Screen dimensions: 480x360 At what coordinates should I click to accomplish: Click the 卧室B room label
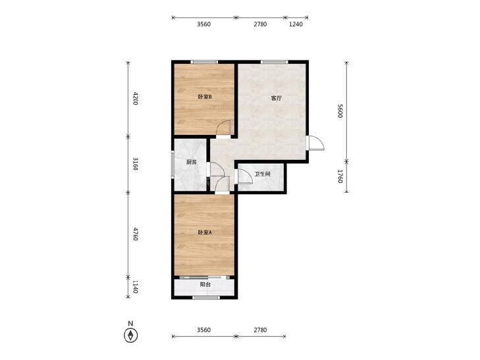(x=205, y=97)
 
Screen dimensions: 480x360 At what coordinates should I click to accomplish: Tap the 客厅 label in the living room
(x=277, y=98)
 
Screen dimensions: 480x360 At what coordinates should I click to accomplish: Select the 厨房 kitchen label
(x=192, y=162)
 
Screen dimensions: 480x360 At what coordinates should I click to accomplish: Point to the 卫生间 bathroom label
(x=263, y=174)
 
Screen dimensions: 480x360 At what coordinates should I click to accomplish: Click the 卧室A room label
(x=205, y=232)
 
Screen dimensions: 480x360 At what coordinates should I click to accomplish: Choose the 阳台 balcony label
(x=205, y=284)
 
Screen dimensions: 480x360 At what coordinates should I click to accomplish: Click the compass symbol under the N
(x=131, y=336)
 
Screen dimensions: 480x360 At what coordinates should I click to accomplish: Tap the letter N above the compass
(x=131, y=323)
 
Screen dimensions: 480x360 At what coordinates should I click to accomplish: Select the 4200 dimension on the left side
(x=135, y=98)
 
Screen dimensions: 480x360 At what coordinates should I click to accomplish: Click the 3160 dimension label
(x=135, y=164)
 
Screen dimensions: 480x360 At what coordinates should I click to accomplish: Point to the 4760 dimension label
(x=135, y=234)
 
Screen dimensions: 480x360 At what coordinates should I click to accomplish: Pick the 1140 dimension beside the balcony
(x=135, y=286)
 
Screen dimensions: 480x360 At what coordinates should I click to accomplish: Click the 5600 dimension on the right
(x=340, y=111)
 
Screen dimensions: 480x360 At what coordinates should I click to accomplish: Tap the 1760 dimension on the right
(x=340, y=176)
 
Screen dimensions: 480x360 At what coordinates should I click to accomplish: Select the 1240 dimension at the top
(x=296, y=24)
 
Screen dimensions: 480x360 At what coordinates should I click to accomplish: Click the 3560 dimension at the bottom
(x=203, y=330)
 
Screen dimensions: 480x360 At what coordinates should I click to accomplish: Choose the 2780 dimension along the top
(x=260, y=24)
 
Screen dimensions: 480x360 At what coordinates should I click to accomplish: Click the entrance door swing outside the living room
(x=316, y=143)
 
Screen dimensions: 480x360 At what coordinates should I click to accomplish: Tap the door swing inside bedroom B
(x=225, y=127)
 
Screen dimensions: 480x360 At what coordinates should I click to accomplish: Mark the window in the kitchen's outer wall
(x=173, y=164)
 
